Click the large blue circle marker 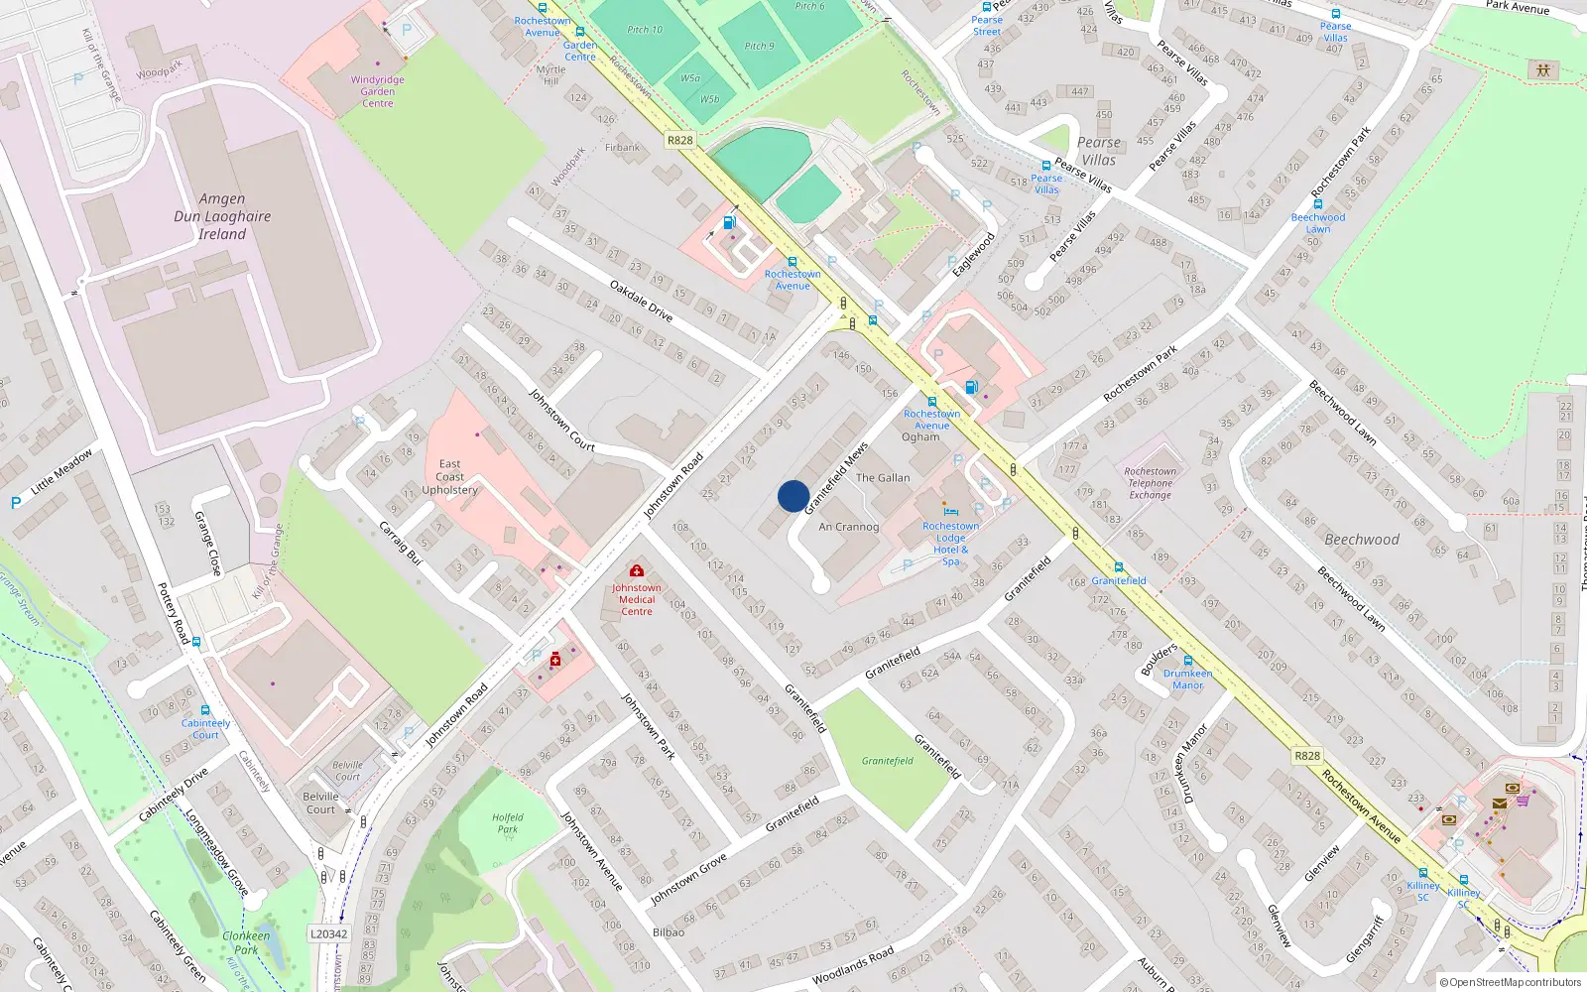(793, 496)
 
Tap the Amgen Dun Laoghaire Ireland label (222, 216)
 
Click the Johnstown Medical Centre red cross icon (637, 571)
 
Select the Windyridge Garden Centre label (377, 91)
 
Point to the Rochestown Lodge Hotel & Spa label (950, 544)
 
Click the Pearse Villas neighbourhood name (1098, 151)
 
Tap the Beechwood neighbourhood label (1362, 540)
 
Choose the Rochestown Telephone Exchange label (1151, 483)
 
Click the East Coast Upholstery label (449, 477)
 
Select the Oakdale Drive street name (641, 301)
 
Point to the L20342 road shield (329, 933)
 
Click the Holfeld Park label (507, 823)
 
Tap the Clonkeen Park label (246, 942)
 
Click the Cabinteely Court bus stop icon (205, 710)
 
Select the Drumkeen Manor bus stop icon (1187, 661)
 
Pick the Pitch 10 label (645, 30)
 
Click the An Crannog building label (848, 527)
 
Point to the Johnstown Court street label (561, 420)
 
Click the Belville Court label (320, 803)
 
